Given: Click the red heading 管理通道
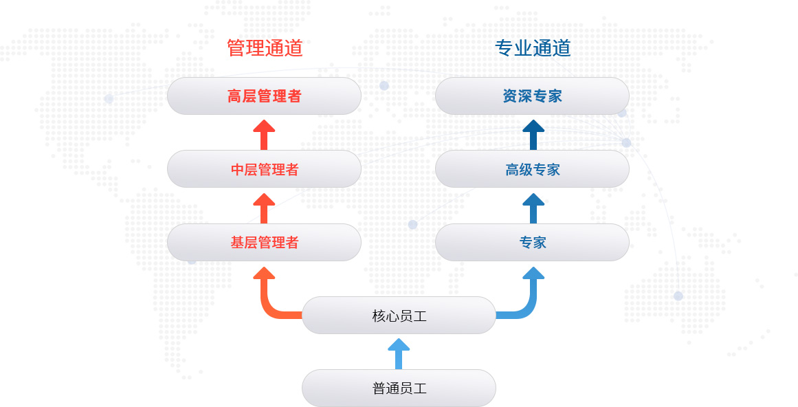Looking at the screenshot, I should pyautogui.click(x=265, y=47).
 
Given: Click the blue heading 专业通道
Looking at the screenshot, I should pyautogui.click(x=533, y=47).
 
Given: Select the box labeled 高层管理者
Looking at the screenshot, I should pyautogui.click(x=264, y=96).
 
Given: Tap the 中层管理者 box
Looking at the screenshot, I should pyautogui.click(x=264, y=169).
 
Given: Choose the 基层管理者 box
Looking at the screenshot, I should pyautogui.click(x=264, y=242).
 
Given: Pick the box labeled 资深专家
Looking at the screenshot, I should pyautogui.click(x=532, y=96).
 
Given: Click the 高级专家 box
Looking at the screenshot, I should pyautogui.click(x=532, y=169).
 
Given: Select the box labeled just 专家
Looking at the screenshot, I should pyautogui.click(x=532, y=242).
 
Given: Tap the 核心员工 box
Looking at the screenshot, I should pyautogui.click(x=399, y=316).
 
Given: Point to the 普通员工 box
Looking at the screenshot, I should pyautogui.click(x=399, y=388).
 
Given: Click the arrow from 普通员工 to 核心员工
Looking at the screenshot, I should pyautogui.click(x=399, y=353).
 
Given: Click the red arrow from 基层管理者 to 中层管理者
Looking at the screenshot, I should pyautogui.click(x=264, y=207).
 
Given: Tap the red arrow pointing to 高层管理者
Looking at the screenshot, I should pyautogui.click(x=264, y=133).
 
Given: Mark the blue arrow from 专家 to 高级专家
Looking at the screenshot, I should pyautogui.click(x=533, y=207).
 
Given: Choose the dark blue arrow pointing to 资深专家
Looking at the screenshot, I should pyautogui.click(x=533, y=133).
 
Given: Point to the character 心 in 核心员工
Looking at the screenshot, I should pyautogui.click(x=392, y=316).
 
